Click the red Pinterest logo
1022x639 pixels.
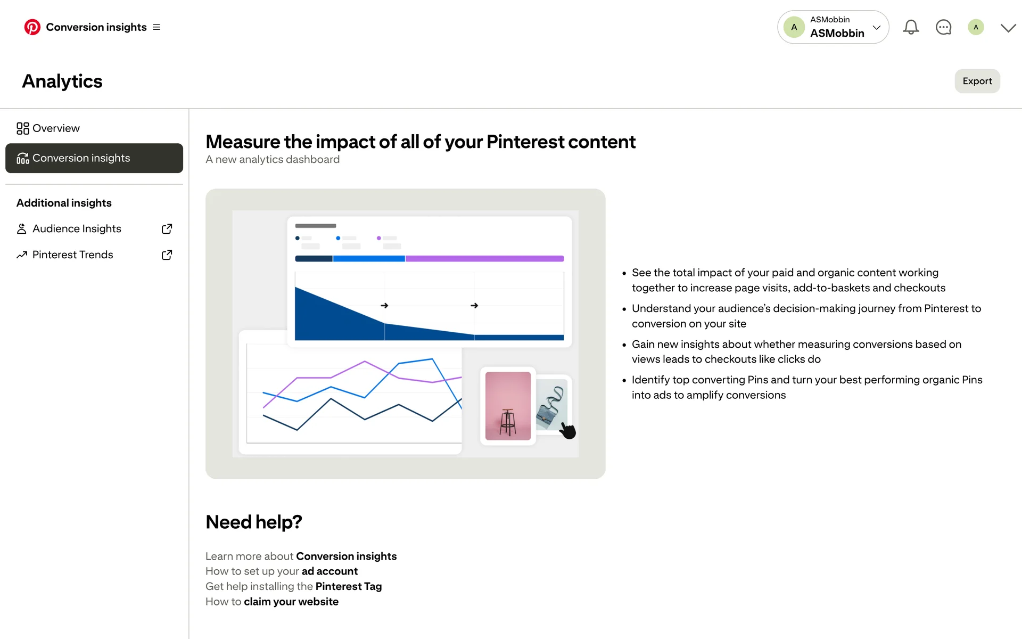coord(32,27)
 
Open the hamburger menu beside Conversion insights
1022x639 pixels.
coord(156,27)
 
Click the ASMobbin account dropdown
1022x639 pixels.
coord(833,27)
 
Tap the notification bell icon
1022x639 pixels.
coord(911,27)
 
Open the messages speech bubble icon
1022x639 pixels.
coord(943,27)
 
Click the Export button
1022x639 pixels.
coord(977,81)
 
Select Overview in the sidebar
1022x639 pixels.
coord(48,128)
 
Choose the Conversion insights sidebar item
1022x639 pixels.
coord(94,158)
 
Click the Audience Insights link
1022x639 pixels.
coord(77,228)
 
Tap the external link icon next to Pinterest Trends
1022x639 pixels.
coord(167,255)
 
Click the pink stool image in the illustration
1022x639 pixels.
coord(508,406)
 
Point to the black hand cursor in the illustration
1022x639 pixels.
coord(567,430)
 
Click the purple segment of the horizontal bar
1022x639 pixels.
coord(484,259)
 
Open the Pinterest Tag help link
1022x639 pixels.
coord(349,586)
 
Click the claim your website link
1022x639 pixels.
coord(291,602)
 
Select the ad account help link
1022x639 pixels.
coord(329,571)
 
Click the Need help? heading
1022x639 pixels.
coord(254,522)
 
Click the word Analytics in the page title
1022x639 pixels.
coord(62,81)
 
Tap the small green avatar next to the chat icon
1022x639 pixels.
coord(976,27)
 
